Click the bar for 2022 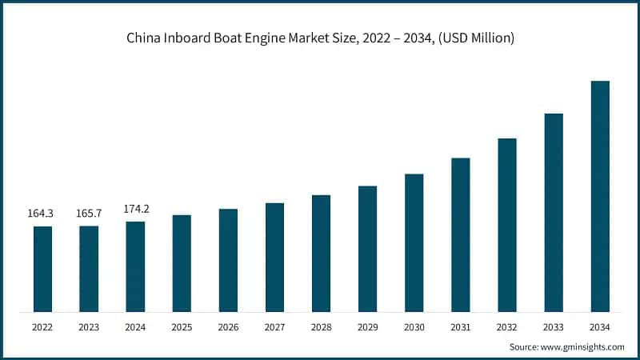tap(42, 269)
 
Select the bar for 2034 tap(600, 196)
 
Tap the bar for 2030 tap(414, 242)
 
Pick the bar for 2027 tap(274, 257)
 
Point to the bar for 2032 tap(506, 225)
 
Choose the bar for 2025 tap(182, 263)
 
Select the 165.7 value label tap(89, 214)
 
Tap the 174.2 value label tap(136, 209)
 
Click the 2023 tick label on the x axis tap(89, 327)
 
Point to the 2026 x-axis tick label tap(228, 327)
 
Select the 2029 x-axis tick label tap(367, 327)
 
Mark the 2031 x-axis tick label tap(460, 327)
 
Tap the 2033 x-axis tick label tap(554, 327)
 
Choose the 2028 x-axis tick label tap(321, 327)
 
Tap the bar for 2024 tap(135, 266)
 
